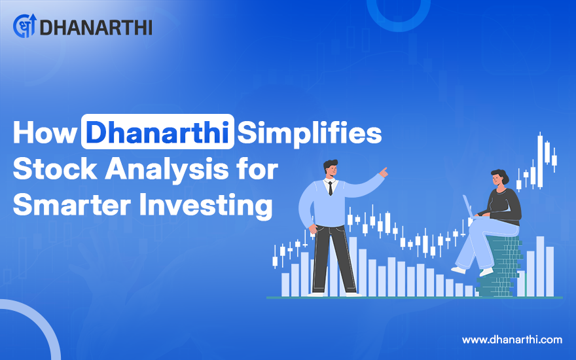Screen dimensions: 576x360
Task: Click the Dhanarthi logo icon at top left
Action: coord(25,26)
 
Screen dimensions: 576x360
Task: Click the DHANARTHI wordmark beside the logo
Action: coord(96,27)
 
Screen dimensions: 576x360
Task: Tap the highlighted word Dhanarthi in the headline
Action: coord(158,132)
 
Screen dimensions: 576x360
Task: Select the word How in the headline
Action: coord(45,132)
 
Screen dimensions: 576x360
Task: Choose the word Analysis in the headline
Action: coord(166,170)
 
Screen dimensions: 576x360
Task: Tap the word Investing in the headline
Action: coord(206,206)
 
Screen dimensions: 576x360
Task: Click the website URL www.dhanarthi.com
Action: coord(512,340)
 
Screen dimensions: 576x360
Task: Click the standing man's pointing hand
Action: coord(384,172)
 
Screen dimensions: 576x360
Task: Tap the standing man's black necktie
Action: coord(331,188)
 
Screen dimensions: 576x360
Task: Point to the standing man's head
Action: coord(331,169)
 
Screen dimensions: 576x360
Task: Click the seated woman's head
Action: coord(499,178)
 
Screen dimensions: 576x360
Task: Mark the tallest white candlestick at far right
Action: coord(540,161)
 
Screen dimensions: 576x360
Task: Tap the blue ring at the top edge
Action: coord(399,13)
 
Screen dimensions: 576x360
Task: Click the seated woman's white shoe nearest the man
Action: coord(458,270)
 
